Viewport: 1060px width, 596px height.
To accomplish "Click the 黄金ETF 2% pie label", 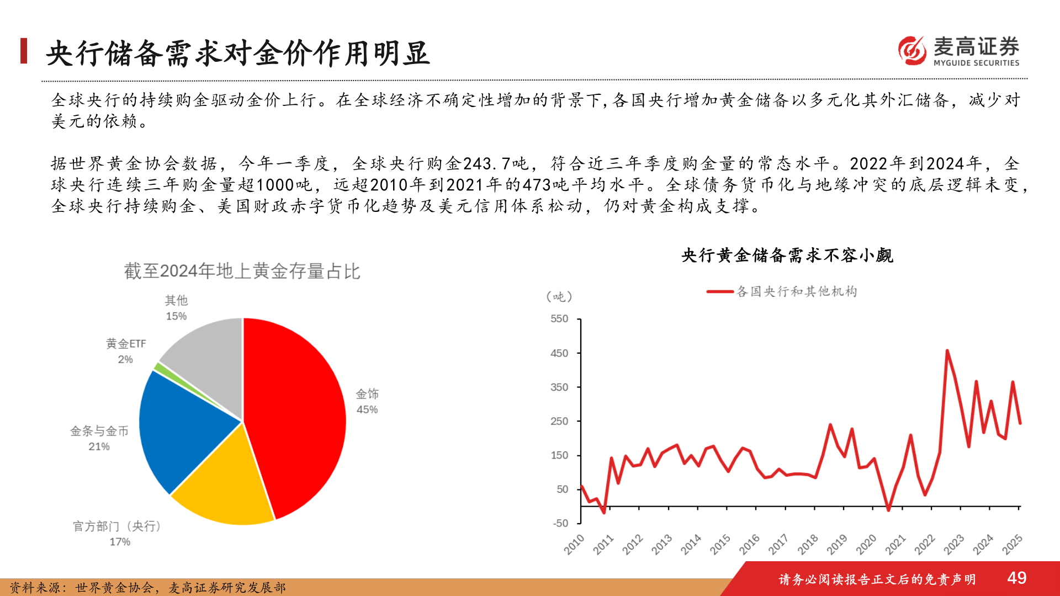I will tap(126, 351).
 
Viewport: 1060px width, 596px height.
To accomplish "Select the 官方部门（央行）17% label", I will tap(118, 534).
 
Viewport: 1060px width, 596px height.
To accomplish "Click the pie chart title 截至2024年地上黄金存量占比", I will tap(242, 271).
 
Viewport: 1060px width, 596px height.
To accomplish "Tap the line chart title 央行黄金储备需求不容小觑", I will tap(787, 256).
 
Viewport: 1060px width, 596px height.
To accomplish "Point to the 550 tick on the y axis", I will tap(559, 319).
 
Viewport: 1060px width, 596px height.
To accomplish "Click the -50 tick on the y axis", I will tap(560, 523).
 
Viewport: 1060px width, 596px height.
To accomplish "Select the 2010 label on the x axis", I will tap(574, 544).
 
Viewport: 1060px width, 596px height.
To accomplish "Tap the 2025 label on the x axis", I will tap(1013, 544).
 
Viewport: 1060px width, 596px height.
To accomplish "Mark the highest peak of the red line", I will tap(947, 350).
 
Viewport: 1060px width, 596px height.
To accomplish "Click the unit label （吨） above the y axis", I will tap(559, 297).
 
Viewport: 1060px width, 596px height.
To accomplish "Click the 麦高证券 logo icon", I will tap(912, 51).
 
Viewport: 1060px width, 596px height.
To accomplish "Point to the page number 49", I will tap(1016, 578).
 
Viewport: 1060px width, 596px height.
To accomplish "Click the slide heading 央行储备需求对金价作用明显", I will tap(237, 54).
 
